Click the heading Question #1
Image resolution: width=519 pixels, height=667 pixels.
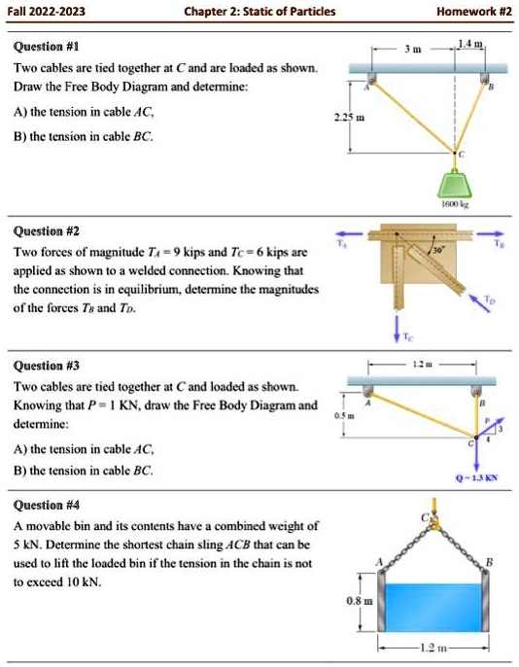(x=46, y=47)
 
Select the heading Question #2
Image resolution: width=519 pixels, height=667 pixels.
(x=46, y=231)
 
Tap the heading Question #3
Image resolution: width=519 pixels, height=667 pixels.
(x=46, y=367)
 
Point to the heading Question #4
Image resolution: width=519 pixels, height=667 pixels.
(x=46, y=505)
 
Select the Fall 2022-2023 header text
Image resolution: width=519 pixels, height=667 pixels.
(x=47, y=12)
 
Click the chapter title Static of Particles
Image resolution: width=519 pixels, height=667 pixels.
(x=259, y=12)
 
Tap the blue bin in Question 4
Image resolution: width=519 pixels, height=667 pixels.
(x=432, y=605)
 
